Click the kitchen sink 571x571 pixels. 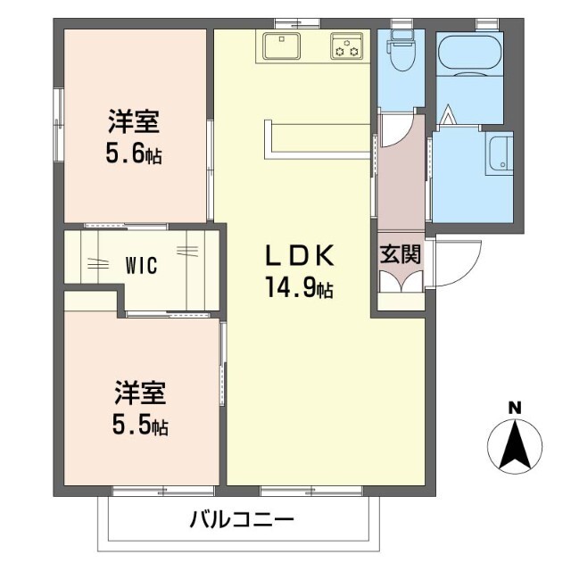[x=282, y=46]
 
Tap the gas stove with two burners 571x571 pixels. [x=347, y=46]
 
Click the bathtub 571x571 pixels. [x=470, y=54]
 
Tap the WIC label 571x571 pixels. [x=141, y=265]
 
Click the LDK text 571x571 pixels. [x=300, y=255]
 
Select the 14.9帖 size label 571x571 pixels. [x=300, y=287]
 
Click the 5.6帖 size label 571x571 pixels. [x=134, y=153]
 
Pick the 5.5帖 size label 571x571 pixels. [x=140, y=425]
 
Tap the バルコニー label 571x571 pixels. [x=242, y=519]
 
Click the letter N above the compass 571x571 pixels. [x=515, y=409]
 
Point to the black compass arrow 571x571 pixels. [x=515, y=445]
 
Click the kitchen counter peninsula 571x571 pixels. [x=317, y=140]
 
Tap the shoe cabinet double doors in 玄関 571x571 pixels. [x=401, y=282]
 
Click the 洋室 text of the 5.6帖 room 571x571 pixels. [x=134, y=121]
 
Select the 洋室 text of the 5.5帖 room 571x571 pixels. [x=141, y=393]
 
